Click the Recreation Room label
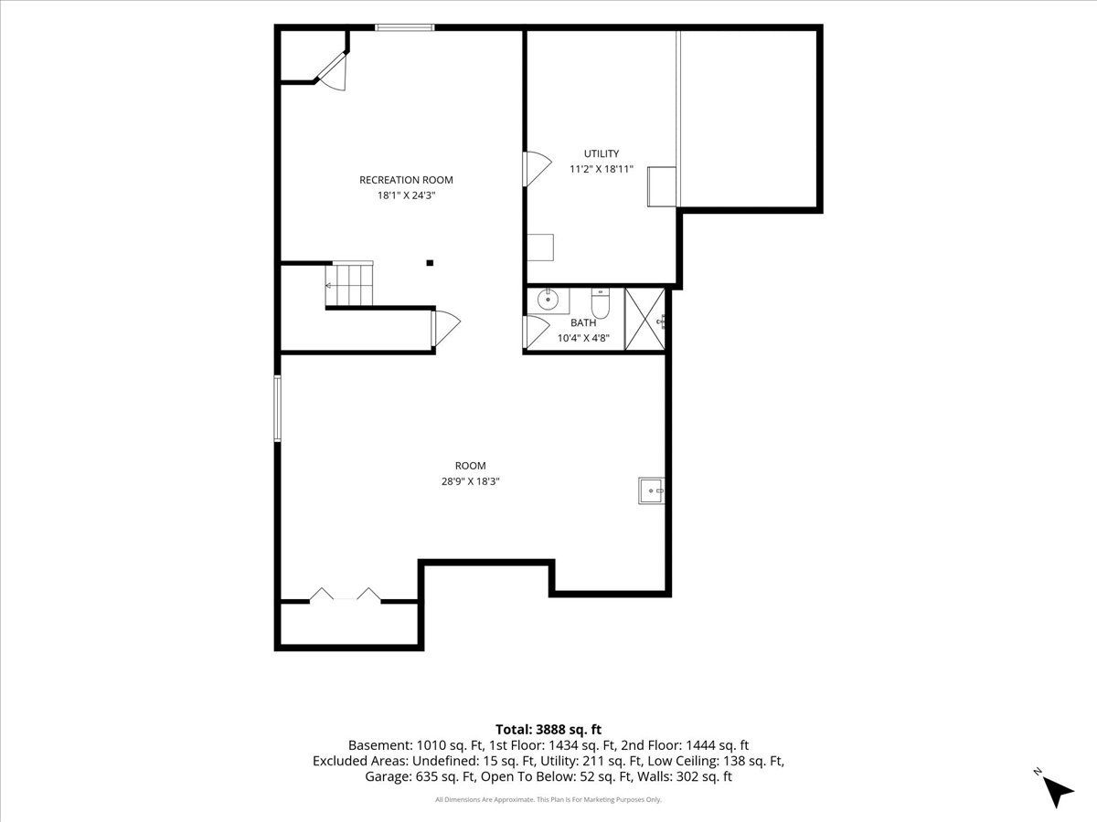(406, 180)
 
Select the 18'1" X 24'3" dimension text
(406, 195)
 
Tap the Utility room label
(602, 153)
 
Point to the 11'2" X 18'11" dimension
(602, 169)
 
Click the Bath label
(582, 323)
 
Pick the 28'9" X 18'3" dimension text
(470, 481)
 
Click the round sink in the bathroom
(548, 300)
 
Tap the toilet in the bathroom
(600, 304)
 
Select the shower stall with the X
(644, 320)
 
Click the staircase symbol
(349, 284)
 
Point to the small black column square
(430, 263)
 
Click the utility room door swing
(537, 169)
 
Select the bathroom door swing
(537, 332)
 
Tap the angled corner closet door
(334, 72)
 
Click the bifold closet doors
(345, 595)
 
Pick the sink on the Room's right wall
(651, 490)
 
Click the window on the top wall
(405, 27)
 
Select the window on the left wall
(277, 408)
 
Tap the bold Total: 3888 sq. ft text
(548, 730)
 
